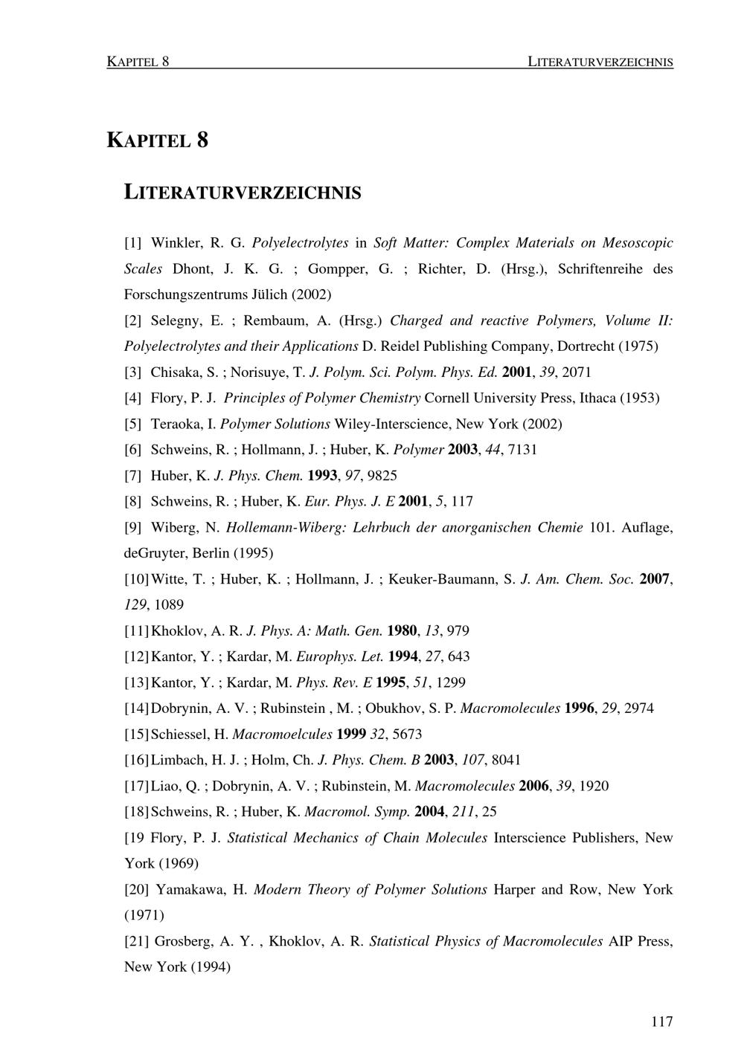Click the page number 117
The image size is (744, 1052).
pos(661,1022)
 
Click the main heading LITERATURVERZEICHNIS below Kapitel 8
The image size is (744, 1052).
pos(242,193)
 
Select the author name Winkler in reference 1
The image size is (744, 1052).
pos(176,243)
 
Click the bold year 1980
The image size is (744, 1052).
pos(402,631)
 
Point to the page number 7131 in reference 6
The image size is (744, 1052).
pos(522,450)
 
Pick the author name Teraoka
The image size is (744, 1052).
pos(179,424)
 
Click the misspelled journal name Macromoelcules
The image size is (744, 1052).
pos(282,735)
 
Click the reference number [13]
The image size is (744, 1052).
pos(136,682)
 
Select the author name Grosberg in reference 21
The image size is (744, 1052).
pos(182,941)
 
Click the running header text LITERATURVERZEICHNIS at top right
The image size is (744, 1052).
pos(600,62)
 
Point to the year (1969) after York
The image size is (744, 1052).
pos(176,864)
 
